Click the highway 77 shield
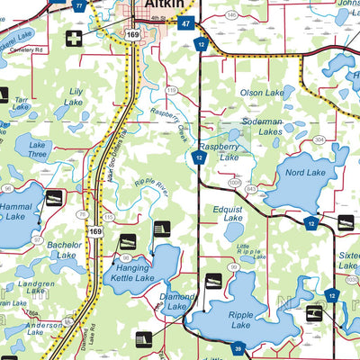tap(80, 4)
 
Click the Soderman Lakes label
tap(256, 126)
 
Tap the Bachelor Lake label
tap(65, 249)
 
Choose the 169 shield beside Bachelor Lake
tap(94, 231)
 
